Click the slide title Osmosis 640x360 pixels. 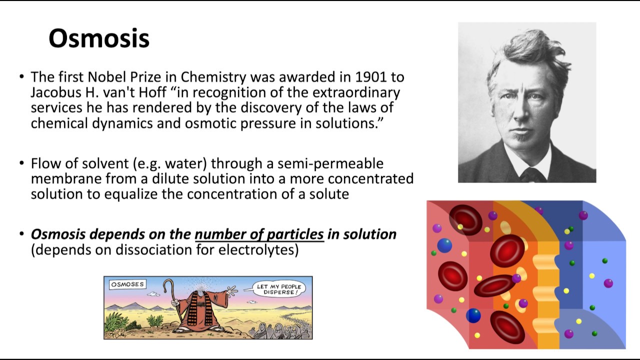click(x=99, y=38)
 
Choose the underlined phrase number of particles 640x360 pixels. click(x=259, y=234)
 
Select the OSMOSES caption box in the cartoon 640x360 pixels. click(x=127, y=284)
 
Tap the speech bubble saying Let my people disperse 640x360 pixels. click(x=278, y=289)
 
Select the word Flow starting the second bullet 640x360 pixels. click(x=45, y=163)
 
